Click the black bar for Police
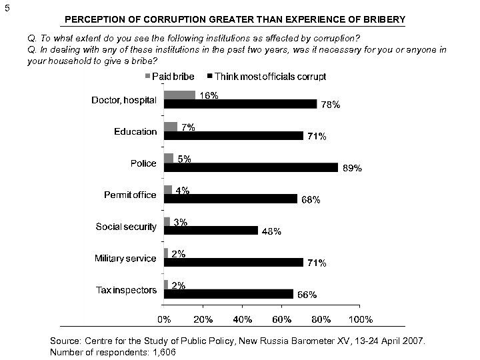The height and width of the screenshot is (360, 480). pos(251,167)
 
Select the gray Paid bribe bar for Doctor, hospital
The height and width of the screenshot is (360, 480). pos(179,95)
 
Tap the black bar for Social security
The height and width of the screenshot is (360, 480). pos(211,230)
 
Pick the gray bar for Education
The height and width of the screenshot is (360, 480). pos(171,127)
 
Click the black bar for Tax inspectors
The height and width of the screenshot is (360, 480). pos(228,293)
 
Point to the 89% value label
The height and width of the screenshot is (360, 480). pos(351,169)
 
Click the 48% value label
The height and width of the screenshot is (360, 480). pos(271,232)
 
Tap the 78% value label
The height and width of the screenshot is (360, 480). pos(331,105)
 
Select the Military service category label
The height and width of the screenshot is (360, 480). pos(126,259)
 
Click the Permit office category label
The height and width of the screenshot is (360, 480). pos(130,195)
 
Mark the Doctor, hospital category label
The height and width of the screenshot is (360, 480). pos(124,100)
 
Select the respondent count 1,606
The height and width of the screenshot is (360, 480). pos(163,352)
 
